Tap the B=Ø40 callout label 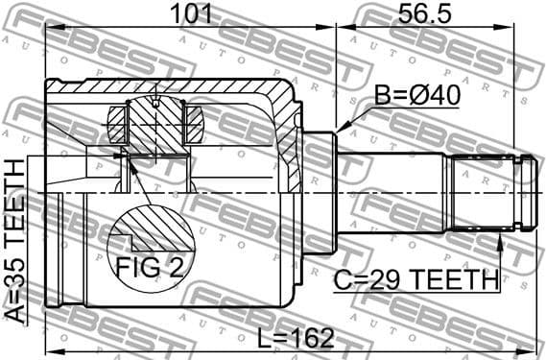pos(416,97)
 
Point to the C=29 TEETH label pos(416,280)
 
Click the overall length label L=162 pos(297,338)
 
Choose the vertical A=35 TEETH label pos(16,239)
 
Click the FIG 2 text pos(151,266)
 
